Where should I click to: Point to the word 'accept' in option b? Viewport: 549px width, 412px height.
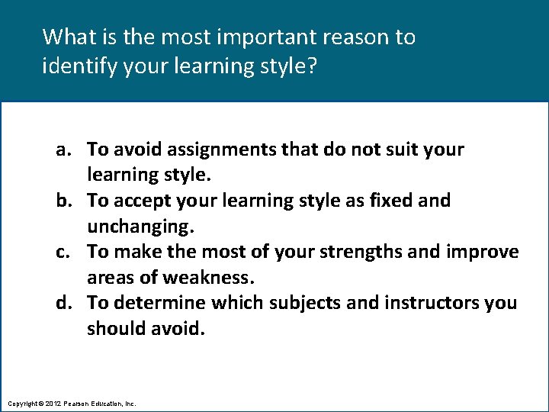coord(145,201)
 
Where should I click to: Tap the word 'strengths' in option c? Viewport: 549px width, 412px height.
coord(361,252)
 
